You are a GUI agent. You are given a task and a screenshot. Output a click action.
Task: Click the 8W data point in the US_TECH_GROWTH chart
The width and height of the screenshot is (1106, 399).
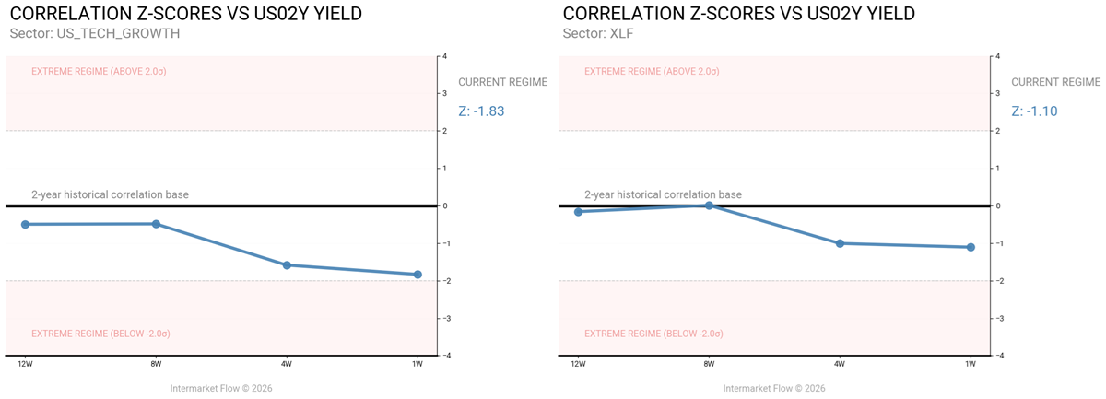tap(156, 224)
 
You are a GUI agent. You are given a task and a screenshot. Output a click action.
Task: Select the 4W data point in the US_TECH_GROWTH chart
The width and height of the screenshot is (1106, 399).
tap(287, 265)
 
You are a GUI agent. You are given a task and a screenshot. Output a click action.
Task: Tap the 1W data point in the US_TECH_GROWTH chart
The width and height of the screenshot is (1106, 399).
tap(418, 275)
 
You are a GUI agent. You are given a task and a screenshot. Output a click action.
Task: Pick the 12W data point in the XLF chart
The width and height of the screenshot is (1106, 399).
tap(578, 212)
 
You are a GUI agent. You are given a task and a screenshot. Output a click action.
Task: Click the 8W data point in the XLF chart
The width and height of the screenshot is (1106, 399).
tap(709, 205)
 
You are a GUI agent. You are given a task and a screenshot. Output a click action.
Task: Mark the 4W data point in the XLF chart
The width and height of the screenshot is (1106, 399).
tap(840, 243)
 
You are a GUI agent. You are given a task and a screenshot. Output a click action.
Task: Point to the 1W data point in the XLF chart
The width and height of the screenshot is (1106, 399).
tap(971, 247)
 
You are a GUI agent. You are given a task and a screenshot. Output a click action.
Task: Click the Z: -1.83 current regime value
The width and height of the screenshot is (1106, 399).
tap(481, 111)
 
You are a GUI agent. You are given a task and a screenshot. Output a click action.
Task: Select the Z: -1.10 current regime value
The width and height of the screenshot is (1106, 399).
tap(1034, 111)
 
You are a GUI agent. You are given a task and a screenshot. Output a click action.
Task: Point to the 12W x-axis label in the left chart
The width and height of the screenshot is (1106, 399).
tap(25, 365)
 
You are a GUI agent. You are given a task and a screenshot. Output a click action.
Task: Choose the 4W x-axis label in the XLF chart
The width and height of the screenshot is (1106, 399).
tap(840, 365)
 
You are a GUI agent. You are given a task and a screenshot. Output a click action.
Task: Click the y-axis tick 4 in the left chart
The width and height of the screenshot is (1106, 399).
tap(445, 56)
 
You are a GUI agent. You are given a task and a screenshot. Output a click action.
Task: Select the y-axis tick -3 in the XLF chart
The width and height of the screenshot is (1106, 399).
tap(999, 318)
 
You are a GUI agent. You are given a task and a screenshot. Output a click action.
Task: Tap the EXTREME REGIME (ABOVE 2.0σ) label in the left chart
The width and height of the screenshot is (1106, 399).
tap(99, 71)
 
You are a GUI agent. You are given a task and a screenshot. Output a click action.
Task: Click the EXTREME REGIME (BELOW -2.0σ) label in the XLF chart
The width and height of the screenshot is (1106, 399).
tap(653, 333)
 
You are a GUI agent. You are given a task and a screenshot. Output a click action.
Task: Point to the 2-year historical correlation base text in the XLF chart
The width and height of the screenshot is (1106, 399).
tap(663, 194)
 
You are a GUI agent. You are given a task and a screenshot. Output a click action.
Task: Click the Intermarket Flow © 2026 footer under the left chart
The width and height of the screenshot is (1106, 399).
tap(221, 388)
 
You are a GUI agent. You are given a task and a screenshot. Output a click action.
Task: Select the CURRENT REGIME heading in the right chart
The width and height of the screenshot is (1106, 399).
tap(1055, 82)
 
